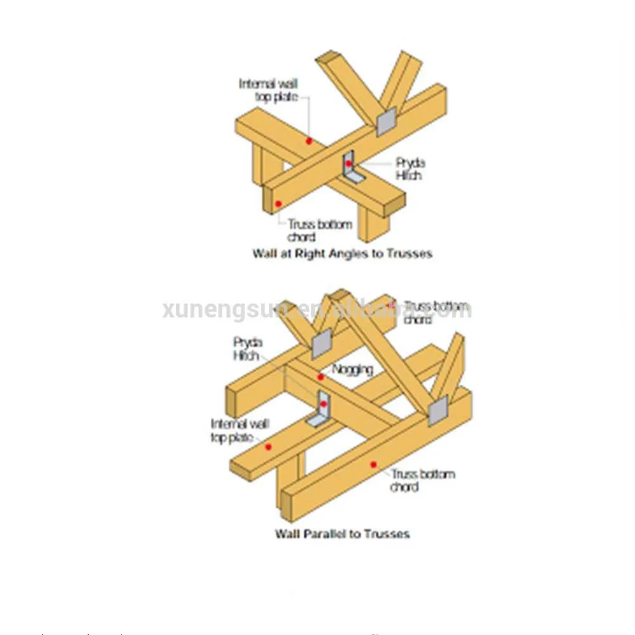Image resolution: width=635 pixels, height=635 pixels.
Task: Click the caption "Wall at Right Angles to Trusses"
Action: click(x=342, y=253)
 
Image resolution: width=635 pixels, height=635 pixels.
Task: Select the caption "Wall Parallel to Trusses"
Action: click(x=342, y=533)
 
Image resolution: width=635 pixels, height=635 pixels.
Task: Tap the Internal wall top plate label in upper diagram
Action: click(x=267, y=90)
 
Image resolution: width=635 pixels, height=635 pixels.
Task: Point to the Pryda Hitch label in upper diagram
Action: click(x=411, y=169)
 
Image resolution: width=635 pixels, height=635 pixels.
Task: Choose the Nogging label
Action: click(x=352, y=369)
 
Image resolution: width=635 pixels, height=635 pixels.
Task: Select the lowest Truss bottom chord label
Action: click(x=422, y=480)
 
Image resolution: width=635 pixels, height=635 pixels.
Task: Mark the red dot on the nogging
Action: click(x=321, y=377)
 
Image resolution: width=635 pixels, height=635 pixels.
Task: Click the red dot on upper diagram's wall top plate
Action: click(x=309, y=141)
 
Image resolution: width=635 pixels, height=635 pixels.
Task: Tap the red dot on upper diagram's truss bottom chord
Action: click(x=277, y=204)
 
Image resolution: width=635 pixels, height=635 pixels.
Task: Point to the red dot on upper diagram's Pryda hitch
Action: click(x=349, y=163)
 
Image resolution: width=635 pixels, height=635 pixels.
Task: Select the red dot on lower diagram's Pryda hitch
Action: click(x=323, y=404)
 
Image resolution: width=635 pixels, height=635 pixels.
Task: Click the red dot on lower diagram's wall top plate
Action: click(x=268, y=447)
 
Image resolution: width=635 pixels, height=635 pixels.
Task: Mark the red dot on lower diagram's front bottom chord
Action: click(x=373, y=464)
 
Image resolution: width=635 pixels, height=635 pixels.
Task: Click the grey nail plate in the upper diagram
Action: click(x=386, y=121)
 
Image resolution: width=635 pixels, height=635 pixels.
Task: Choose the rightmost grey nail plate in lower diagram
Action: click(x=438, y=410)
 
